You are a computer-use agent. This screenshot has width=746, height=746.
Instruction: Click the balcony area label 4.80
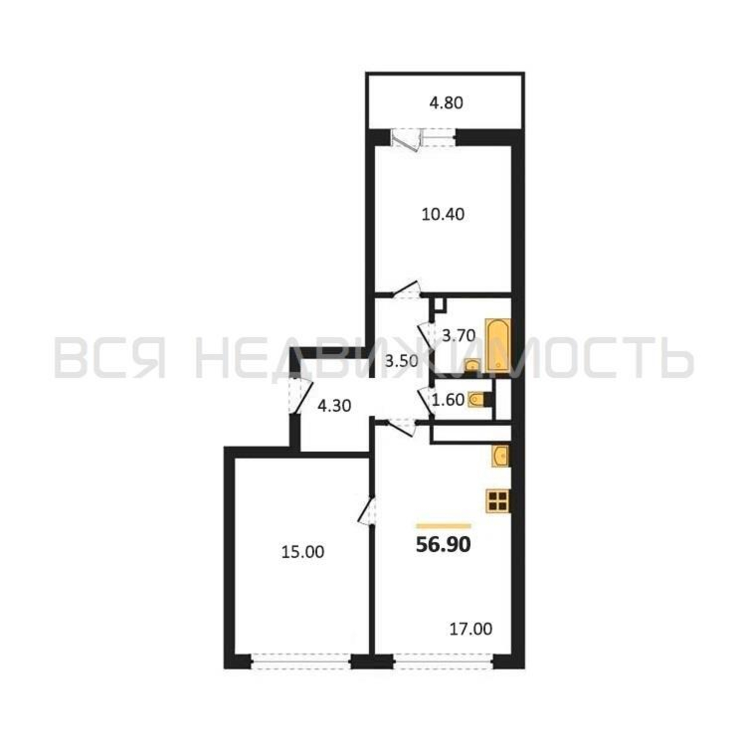(446, 103)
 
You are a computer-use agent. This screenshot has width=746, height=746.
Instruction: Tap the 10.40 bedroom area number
(443, 214)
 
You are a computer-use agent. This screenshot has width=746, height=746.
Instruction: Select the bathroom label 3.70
(458, 336)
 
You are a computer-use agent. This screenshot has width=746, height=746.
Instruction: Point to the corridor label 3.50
(402, 361)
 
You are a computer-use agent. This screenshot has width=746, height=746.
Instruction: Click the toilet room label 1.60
(448, 400)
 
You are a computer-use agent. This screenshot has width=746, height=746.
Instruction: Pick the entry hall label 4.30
(334, 406)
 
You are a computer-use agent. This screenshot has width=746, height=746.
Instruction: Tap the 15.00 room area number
(303, 552)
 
